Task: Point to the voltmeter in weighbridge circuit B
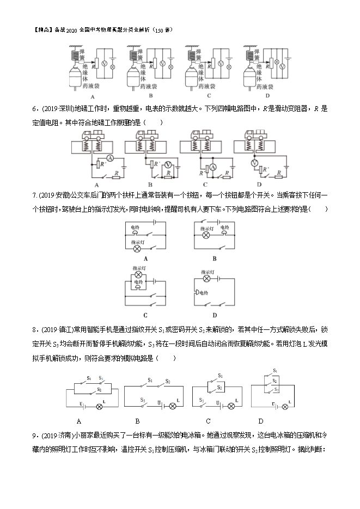click(x=168, y=164)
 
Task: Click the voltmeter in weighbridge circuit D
click(x=254, y=163)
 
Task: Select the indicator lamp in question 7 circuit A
click(x=137, y=248)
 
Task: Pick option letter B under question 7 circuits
click(x=214, y=258)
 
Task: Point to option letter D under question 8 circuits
click(x=260, y=421)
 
